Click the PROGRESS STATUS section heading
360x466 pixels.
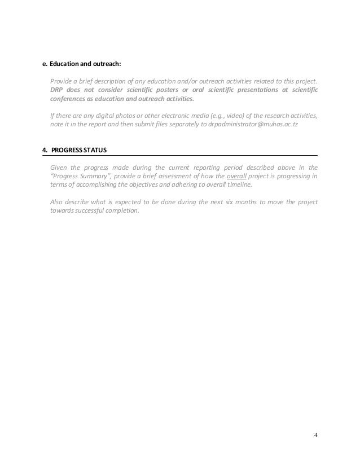click(x=79, y=150)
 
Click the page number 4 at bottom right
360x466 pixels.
click(x=315, y=434)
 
